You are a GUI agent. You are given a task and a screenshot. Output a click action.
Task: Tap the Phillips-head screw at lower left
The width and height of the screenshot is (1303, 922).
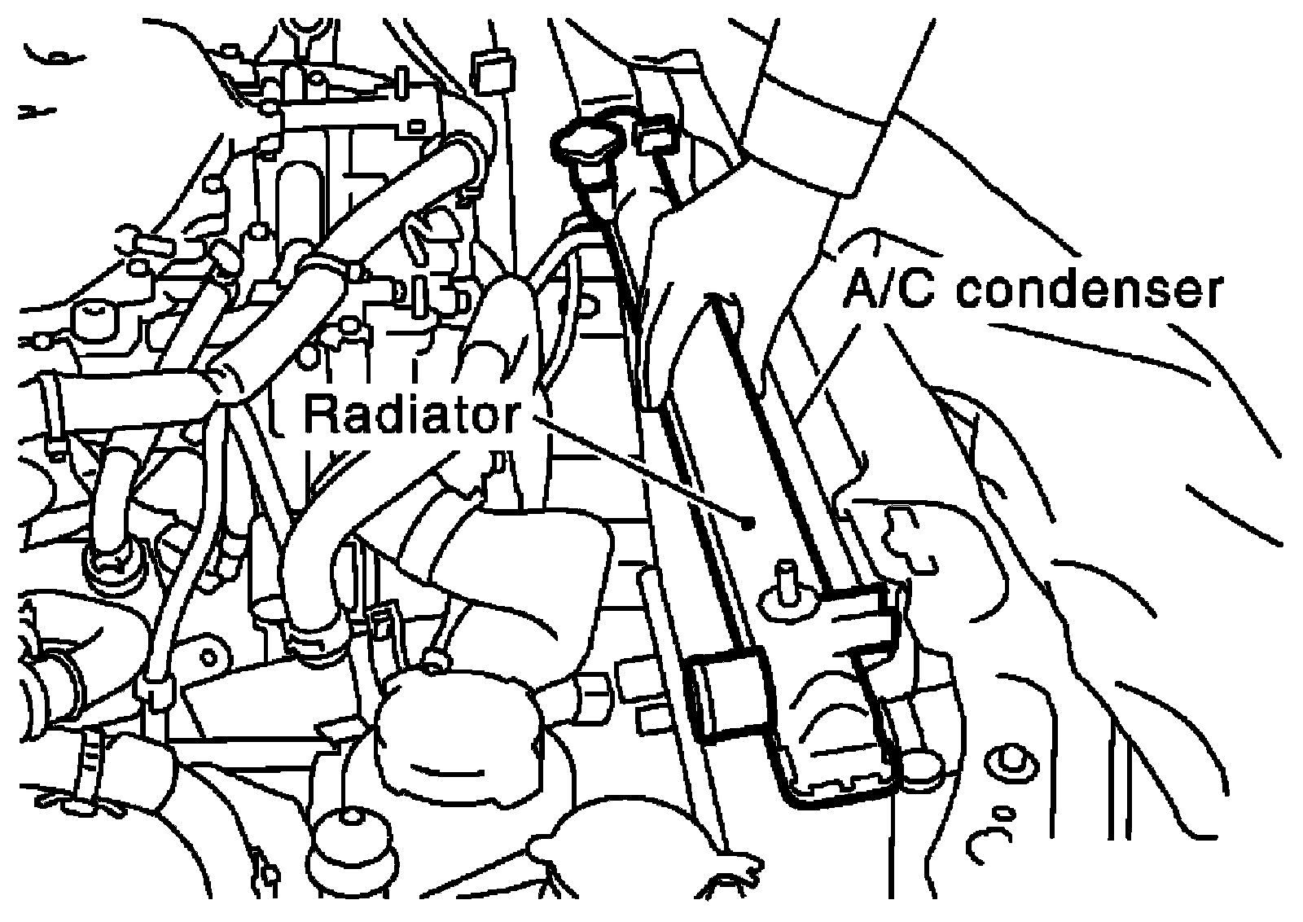[x=111, y=566]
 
